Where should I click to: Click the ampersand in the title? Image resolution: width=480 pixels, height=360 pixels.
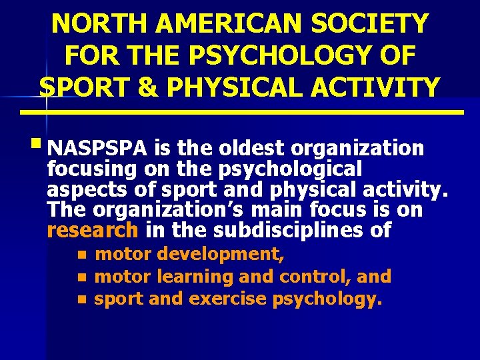[x=133, y=87]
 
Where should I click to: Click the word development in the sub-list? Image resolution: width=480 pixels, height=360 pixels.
[x=211, y=254]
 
